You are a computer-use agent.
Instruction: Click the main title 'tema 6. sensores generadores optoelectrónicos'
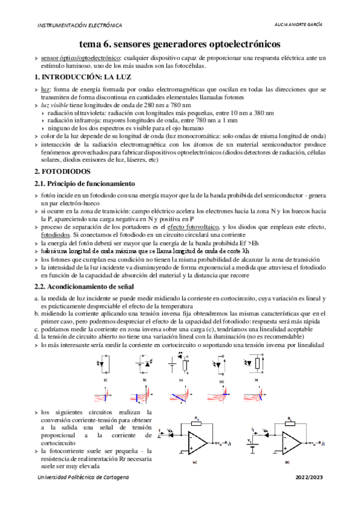pos(180,45)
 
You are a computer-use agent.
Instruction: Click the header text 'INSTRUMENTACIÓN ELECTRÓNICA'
pos(79,25)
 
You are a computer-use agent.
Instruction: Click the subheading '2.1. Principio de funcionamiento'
pos(84,183)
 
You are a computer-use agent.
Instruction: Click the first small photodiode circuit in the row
pos(106,365)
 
